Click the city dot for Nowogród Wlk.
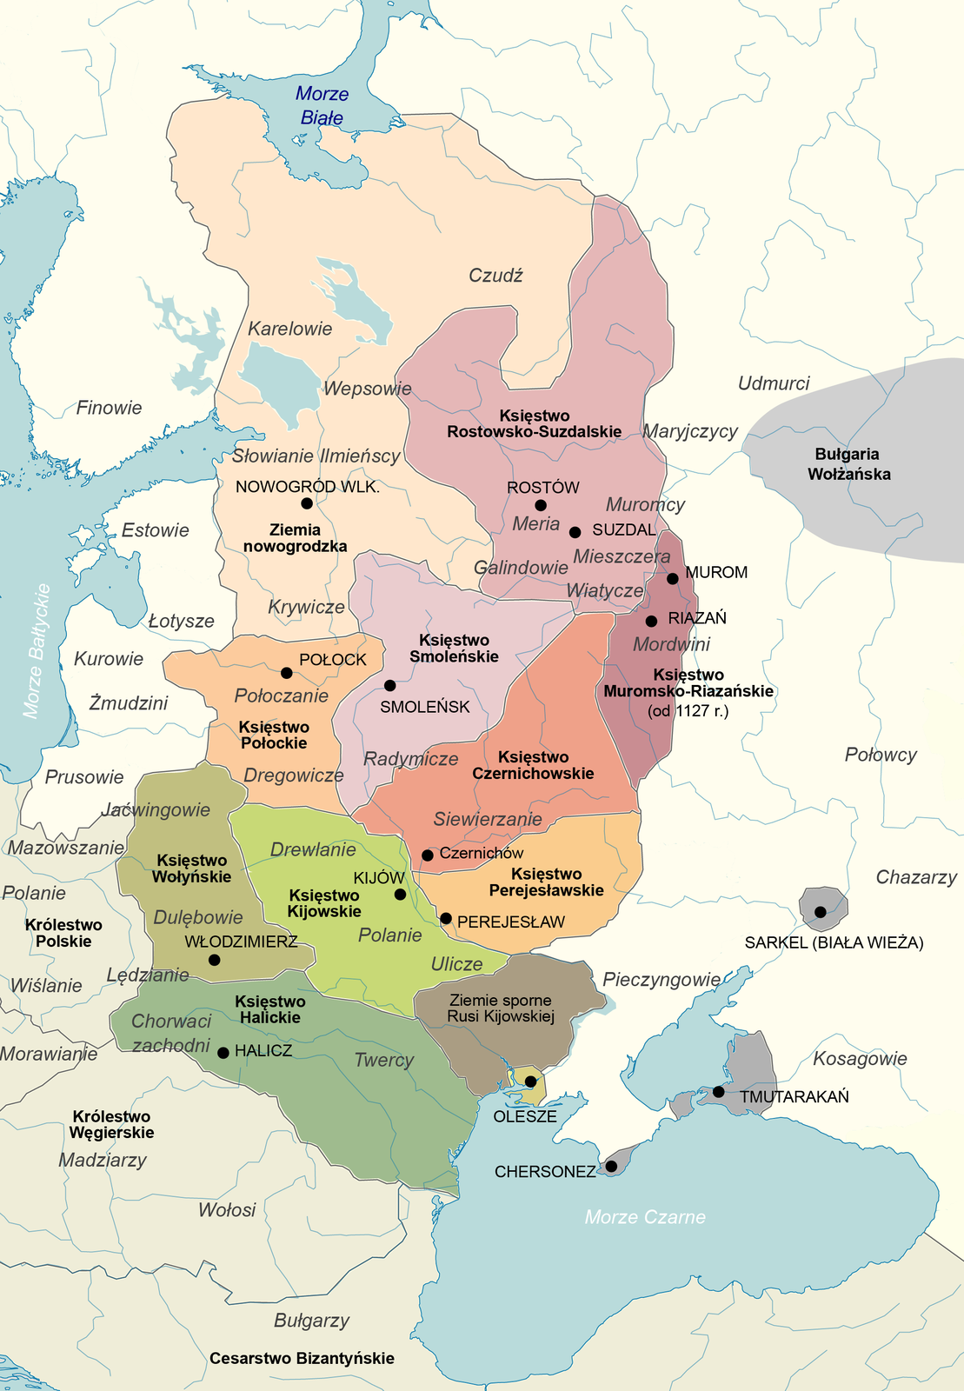click(x=306, y=503)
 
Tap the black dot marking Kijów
click(x=400, y=895)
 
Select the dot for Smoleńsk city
click(x=389, y=685)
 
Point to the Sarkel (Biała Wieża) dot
click(x=820, y=912)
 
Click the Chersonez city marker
click(x=611, y=1166)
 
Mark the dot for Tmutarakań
click(x=718, y=1091)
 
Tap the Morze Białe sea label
click(x=322, y=105)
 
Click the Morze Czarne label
click(x=645, y=1217)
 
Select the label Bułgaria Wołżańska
click(x=848, y=464)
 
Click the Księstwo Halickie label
click(x=269, y=1009)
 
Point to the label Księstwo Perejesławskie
click(x=546, y=882)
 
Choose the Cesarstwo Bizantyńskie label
click(x=302, y=1358)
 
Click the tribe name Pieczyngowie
click(x=662, y=980)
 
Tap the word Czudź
click(x=495, y=276)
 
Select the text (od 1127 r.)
click(x=688, y=710)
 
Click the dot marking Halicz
click(x=223, y=1052)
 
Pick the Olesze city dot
click(x=530, y=1081)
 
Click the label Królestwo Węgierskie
click(x=111, y=1124)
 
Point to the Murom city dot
click(x=672, y=578)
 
